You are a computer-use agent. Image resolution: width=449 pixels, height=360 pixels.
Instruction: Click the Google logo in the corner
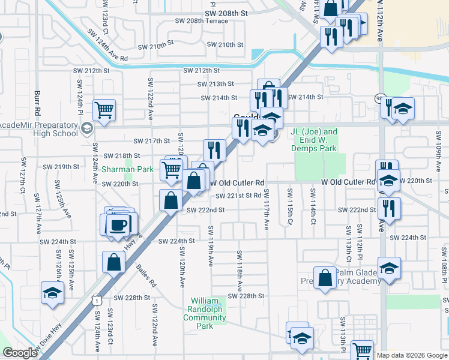click(x=20, y=353)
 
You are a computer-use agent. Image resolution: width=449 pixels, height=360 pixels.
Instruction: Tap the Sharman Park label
click(x=128, y=170)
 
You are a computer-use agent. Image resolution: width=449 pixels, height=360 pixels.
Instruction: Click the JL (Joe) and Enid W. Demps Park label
click(x=314, y=140)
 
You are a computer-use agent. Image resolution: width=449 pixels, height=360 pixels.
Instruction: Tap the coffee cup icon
click(x=118, y=224)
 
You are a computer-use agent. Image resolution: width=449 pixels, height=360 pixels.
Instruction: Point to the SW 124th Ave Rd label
click(x=107, y=46)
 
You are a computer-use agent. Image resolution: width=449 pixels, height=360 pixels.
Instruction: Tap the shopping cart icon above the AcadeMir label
click(x=104, y=110)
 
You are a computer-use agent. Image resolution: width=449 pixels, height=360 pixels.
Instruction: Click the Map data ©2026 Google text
click(x=412, y=355)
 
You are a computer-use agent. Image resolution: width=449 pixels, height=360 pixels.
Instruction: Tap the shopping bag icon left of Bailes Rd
click(x=114, y=262)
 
